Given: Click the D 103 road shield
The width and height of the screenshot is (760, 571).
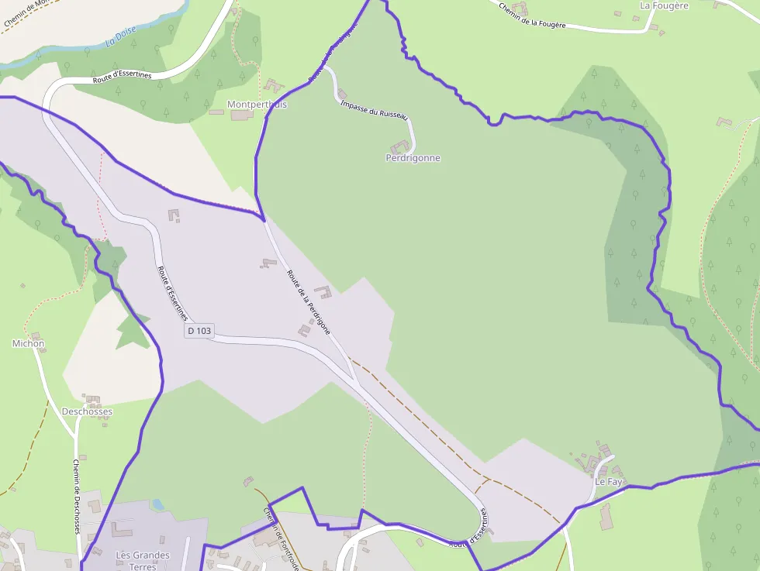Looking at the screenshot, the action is pos(199,331).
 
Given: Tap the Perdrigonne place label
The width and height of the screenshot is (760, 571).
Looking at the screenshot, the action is pos(413,158).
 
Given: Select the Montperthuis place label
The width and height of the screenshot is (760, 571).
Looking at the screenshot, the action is pos(257,104).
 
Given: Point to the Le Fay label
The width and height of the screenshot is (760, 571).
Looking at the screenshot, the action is pos(609,482).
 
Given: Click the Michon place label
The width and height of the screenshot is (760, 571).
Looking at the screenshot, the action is pos(29,343).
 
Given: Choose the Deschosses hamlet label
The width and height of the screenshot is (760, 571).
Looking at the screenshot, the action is pos(87,411).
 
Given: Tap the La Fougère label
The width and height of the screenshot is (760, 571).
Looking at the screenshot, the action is pos(664,5).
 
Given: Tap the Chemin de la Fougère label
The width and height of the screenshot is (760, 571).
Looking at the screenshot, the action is pos(543,16).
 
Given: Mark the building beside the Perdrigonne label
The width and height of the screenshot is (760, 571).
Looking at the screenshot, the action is pos(400,146).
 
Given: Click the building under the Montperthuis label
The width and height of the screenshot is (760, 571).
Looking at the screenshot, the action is pos(241,115).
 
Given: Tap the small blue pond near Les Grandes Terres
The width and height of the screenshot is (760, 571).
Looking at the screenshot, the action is pos(158,504).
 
